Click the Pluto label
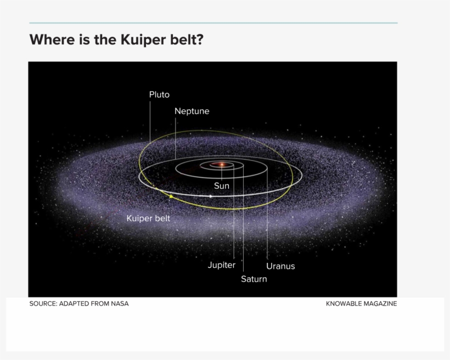(159, 94)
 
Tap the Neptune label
(192, 111)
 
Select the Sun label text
(221, 185)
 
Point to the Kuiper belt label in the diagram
(148, 218)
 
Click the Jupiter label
(221, 265)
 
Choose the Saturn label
(254, 279)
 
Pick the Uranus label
(280, 266)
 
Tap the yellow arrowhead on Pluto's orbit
(171, 196)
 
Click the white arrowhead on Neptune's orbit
(211, 196)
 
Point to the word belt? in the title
(187, 40)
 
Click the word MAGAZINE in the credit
(380, 303)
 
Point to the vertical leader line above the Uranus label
(267, 220)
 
